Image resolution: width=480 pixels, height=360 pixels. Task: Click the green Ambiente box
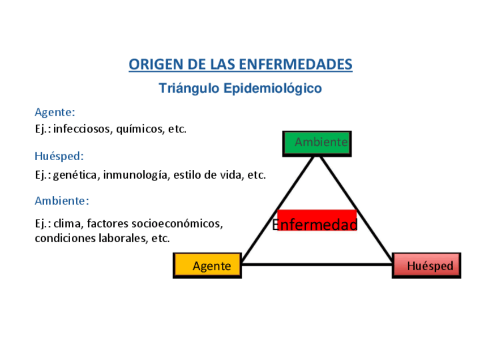point(317,143)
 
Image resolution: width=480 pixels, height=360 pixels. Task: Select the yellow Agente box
point(207,265)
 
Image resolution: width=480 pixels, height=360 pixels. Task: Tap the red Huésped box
point(426,265)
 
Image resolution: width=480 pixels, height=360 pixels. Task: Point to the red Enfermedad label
point(317,221)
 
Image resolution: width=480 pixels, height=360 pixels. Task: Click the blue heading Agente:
point(55,112)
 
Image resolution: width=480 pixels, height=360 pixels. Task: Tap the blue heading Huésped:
point(59,156)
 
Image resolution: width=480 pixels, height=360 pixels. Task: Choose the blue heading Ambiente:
point(62,200)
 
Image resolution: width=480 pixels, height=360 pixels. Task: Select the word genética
point(76,175)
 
